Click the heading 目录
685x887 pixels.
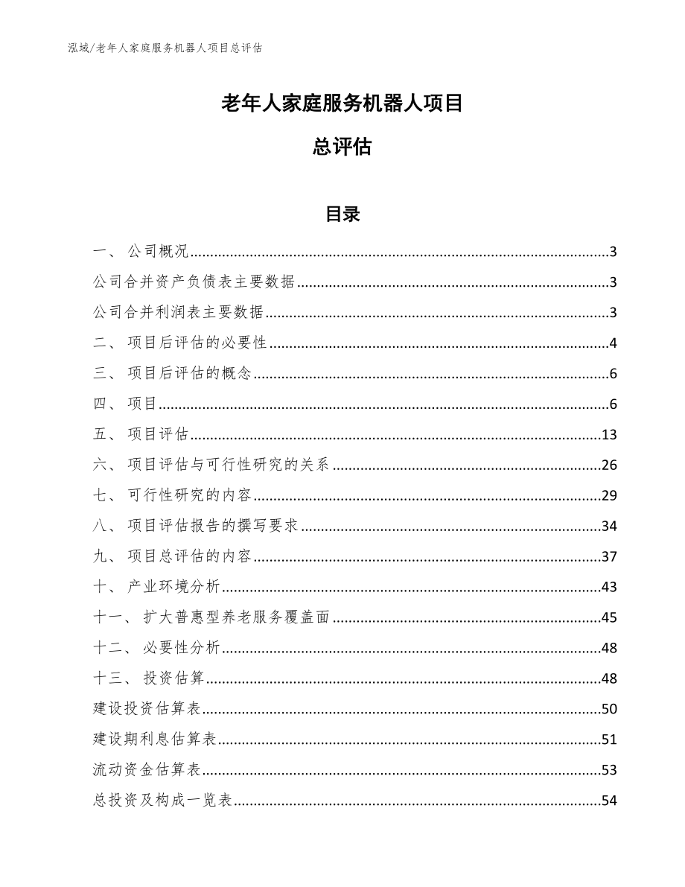(342, 214)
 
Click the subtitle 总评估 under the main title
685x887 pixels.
(342, 147)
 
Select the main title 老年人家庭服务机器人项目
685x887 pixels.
(342, 103)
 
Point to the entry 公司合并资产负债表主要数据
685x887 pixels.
(194, 282)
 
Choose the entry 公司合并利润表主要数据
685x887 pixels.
(179, 313)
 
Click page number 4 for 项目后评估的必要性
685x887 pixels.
(613, 343)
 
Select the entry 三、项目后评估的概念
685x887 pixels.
(173, 374)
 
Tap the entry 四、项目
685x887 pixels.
(126, 404)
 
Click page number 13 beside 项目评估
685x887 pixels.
(609, 435)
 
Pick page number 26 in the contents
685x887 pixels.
(609, 465)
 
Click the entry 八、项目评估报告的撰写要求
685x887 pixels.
(197, 527)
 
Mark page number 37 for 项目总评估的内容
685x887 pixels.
(609, 557)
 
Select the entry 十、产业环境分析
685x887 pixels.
(157, 588)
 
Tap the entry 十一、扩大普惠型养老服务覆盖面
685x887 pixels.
(212, 618)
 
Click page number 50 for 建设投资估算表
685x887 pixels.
(609, 709)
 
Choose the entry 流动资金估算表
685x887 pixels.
(149, 770)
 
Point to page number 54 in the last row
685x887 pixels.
(609, 801)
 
